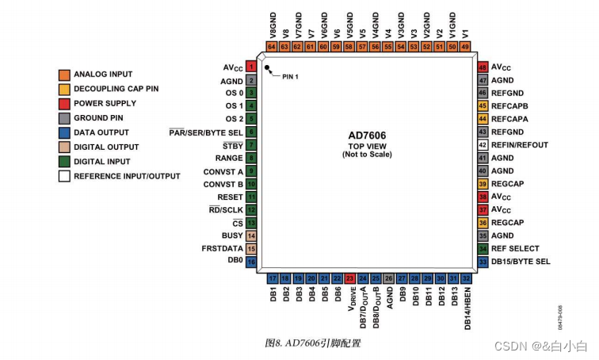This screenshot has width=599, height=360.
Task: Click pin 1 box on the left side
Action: pos(250,67)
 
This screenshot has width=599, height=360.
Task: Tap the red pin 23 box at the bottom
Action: pos(349,278)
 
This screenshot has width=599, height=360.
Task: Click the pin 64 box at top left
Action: pos(272,47)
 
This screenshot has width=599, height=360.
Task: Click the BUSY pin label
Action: pos(232,236)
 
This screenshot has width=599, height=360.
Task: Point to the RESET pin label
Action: pos(229,197)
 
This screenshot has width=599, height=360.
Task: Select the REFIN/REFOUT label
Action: pos(520,145)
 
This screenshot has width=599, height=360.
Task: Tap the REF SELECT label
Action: pos(515,248)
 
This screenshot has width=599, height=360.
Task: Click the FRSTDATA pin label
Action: pos(222,248)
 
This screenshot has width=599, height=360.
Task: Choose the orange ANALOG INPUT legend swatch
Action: pos(64,75)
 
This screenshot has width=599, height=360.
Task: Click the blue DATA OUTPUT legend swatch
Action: pos(64,132)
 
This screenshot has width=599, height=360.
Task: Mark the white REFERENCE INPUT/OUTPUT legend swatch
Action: pos(64,176)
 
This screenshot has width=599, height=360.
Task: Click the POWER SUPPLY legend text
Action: pos(105,103)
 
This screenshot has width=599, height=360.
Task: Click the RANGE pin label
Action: pos(229,158)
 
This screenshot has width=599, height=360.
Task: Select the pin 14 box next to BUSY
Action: pos(250,236)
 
